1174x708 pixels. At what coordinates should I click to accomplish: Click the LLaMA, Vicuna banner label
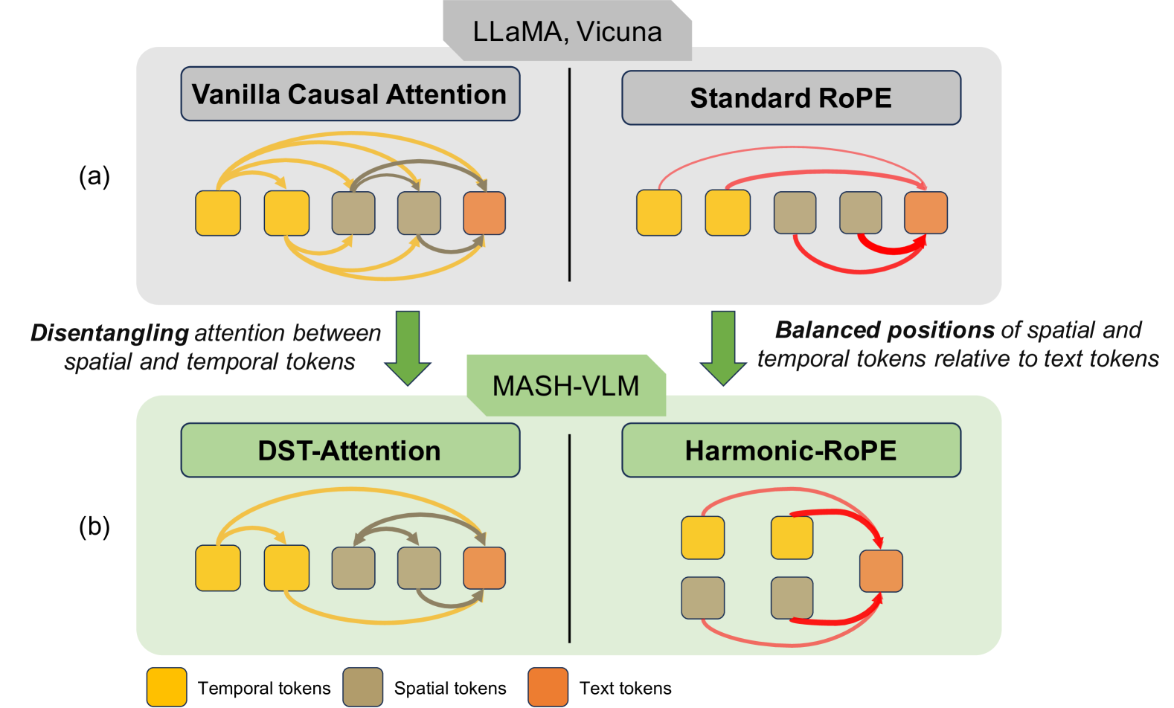click(567, 31)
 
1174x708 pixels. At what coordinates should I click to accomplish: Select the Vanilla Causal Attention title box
click(350, 94)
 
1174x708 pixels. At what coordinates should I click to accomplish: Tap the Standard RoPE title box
click(791, 98)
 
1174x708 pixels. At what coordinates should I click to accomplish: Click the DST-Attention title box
click(350, 451)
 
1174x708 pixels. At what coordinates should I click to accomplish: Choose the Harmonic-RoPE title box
click(791, 451)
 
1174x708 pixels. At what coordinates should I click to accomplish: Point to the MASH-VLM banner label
click(565, 386)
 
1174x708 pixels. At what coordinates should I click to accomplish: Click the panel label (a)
click(94, 176)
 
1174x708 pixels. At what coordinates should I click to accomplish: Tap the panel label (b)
click(94, 527)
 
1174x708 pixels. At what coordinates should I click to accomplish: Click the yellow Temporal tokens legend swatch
click(166, 687)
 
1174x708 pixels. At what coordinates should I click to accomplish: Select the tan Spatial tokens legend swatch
click(362, 687)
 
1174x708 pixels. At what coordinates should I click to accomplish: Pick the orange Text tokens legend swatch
click(548, 687)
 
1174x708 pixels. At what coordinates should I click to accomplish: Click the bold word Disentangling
click(109, 333)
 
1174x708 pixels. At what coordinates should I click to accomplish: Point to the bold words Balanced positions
click(885, 329)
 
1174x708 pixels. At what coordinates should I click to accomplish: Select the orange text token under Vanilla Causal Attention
click(484, 213)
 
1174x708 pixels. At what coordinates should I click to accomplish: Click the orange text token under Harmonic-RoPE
click(881, 571)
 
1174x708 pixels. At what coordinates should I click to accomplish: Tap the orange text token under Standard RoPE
click(926, 213)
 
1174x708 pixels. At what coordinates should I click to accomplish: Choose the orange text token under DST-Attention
click(484, 568)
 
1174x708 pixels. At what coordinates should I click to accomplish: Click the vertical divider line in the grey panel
click(569, 175)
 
